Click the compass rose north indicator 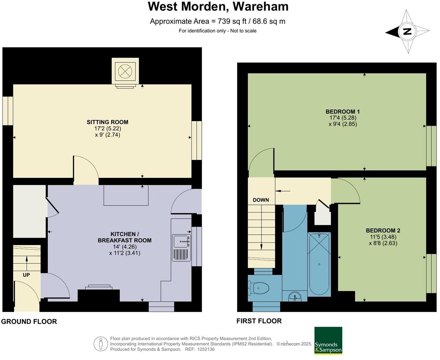click(407, 32)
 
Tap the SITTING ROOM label click(107, 122)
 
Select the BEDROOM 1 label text click(343, 112)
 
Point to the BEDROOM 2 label click(383, 231)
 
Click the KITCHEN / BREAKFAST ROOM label click(125, 237)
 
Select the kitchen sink click(181, 242)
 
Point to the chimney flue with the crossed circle click(125, 71)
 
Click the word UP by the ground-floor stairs click(26, 275)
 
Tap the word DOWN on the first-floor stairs click(261, 200)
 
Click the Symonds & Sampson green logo click(328, 340)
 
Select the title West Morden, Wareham click(218, 7)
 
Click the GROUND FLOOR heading click(29, 322)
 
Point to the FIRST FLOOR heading click(259, 321)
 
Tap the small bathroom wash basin click(294, 296)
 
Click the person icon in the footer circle click(101, 344)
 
